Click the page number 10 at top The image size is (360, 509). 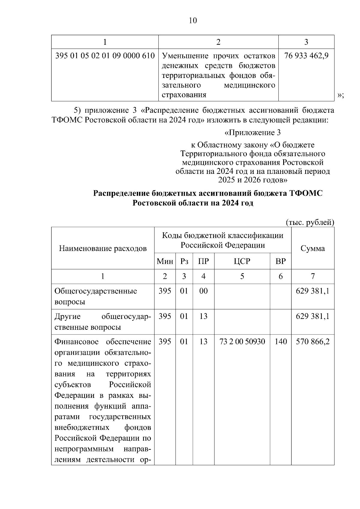pos(193,20)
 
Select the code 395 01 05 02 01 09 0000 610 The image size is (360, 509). pos(105,56)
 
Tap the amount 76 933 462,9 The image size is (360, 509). pos(306,56)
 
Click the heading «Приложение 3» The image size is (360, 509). pos(253,132)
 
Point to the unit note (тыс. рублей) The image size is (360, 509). pos(310,222)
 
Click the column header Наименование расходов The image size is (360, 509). pos(103,248)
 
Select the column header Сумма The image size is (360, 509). pos(313,248)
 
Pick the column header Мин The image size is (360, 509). pos(165,261)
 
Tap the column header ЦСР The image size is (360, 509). pos(242,261)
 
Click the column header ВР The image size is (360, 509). pos(280,261)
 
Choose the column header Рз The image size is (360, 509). pos(184,261)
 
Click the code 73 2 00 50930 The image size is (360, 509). pos(242,341)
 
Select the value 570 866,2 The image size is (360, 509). pos(313,341)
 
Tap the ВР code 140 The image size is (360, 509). pos(280,341)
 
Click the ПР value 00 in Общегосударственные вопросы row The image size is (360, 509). pos(203,291)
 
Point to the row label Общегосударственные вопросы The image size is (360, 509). pos(96,296)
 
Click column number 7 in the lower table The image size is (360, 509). pos(313,276)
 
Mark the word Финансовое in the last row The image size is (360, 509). pos(77,341)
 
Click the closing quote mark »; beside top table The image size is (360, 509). pos(340,95)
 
